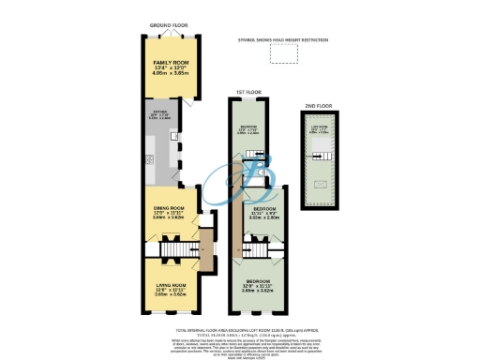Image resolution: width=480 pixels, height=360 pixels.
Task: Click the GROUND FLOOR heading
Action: point(170,28)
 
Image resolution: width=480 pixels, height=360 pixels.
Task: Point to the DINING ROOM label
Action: point(170,214)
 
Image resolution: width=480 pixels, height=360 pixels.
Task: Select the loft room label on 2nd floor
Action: point(320,130)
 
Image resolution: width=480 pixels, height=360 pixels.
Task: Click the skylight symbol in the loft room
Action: point(320,185)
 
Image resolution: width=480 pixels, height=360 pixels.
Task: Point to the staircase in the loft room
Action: point(320,159)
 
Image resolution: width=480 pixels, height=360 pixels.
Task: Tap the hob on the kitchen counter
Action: point(149,159)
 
